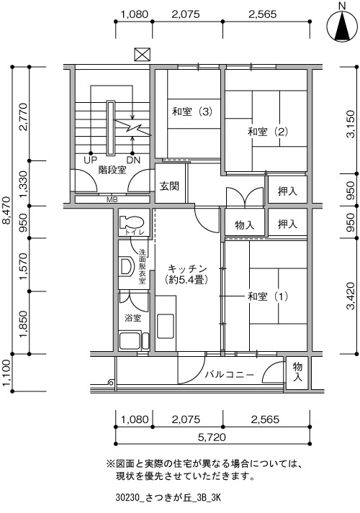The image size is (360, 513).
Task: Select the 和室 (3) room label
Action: (192, 112)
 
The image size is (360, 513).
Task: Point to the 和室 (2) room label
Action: (268, 132)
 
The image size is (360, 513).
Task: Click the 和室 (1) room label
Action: (268, 296)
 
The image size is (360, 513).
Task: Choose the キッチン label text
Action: (187, 268)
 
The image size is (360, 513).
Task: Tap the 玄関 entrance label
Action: (169, 186)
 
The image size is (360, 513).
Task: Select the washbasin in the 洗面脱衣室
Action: (126, 266)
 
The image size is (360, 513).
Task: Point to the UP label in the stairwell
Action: (90, 160)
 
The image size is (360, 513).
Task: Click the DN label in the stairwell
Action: (133, 160)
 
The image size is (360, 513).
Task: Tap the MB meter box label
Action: (112, 199)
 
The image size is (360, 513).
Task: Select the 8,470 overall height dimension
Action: (6, 210)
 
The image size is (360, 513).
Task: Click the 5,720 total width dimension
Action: (212, 437)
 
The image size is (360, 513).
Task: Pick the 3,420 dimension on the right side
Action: (351, 296)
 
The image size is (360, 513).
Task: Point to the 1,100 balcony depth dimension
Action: (6, 373)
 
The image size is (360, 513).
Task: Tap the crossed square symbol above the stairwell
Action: (143, 54)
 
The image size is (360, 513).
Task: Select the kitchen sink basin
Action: (166, 326)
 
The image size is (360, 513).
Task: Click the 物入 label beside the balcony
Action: (297, 372)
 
